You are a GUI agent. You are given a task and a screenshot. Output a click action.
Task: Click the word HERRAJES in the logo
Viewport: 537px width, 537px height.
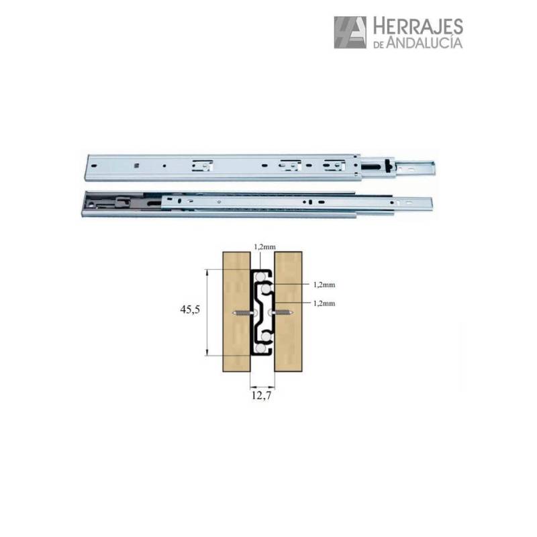(x=417, y=26)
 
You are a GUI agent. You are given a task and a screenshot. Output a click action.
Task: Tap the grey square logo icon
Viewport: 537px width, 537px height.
(x=350, y=32)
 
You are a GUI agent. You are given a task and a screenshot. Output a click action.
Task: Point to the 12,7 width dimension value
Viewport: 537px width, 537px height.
(x=262, y=396)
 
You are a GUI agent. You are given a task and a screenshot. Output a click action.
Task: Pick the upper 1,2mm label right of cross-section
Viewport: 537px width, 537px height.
(x=324, y=285)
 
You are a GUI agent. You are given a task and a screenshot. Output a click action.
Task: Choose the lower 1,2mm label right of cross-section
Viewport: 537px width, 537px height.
(x=324, y=303)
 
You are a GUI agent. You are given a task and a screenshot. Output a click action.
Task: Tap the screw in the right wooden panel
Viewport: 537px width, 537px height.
(x=282, y=313)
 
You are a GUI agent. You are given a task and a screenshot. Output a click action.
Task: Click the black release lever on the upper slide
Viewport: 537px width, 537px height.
(x=375, y=164)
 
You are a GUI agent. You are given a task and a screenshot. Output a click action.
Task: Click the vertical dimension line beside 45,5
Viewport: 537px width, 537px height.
(x=207, y=312)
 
